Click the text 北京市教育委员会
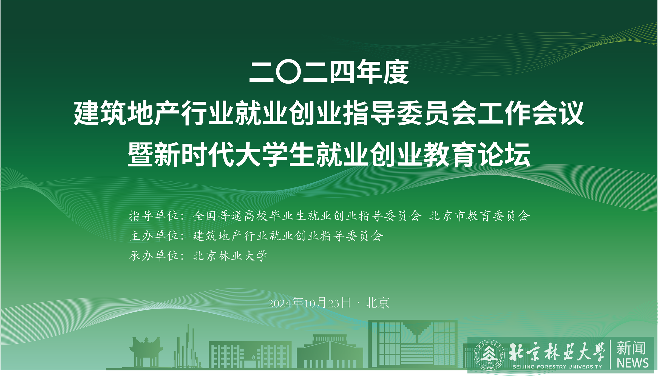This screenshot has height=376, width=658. (479, 216)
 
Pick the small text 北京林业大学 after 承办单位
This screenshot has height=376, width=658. (230, 256)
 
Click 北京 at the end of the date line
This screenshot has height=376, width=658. (377, 303)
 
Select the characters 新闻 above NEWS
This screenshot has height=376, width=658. (631, 348)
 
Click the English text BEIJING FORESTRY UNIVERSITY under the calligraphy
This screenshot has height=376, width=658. (557, 367)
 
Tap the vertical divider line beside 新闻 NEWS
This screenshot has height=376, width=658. (611, 354)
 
